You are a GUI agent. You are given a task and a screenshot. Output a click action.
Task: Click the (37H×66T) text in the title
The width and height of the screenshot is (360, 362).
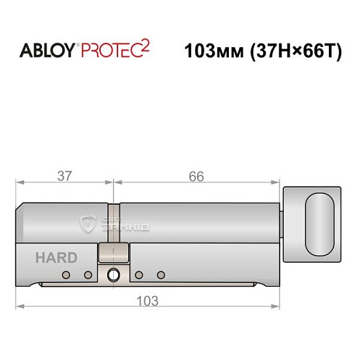(293, 51)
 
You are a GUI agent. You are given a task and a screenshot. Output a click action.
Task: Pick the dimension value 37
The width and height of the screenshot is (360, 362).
(64, 177)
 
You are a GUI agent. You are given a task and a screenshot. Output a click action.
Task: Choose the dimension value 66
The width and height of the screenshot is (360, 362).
(196, 177)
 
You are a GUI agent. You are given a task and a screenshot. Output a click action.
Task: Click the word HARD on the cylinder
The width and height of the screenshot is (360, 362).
(51, 258)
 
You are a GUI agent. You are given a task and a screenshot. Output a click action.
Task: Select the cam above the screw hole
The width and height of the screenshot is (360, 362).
(112, 253)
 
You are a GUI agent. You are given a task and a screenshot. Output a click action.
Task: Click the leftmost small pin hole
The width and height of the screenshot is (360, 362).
(65, 275)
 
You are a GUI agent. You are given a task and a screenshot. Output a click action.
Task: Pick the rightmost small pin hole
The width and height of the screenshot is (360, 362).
(162, 275)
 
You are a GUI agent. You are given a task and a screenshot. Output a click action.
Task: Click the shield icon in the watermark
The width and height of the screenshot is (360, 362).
(89, 224)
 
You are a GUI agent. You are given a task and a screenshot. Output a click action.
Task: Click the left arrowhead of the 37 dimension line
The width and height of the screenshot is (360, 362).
(21, 183)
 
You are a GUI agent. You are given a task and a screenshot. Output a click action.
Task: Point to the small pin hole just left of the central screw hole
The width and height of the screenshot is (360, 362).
(88, 275)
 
